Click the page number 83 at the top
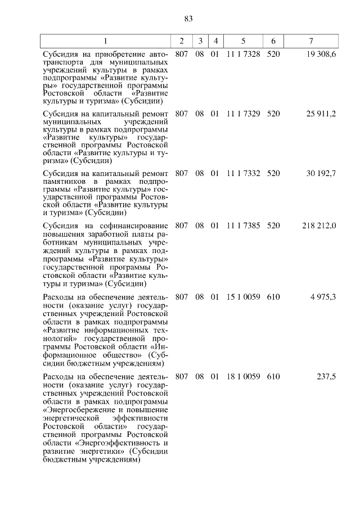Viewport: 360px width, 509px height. click(188, 19)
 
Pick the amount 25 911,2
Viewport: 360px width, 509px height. click(321, 113)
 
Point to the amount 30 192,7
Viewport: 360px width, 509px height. click(321, 173)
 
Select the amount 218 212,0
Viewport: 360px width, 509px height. click(319, 226)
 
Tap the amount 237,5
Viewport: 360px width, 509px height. click(326, 376)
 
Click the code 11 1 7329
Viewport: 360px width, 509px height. click(243, 113)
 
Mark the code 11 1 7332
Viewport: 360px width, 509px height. click(243, 173)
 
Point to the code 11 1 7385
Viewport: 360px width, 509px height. click(243, 226)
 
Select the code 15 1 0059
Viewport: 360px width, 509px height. click(243, 296)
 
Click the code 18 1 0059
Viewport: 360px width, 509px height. click(243, 376)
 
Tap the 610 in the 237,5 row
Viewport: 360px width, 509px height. click(273, 376)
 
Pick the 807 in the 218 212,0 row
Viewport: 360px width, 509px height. click(182, 226)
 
